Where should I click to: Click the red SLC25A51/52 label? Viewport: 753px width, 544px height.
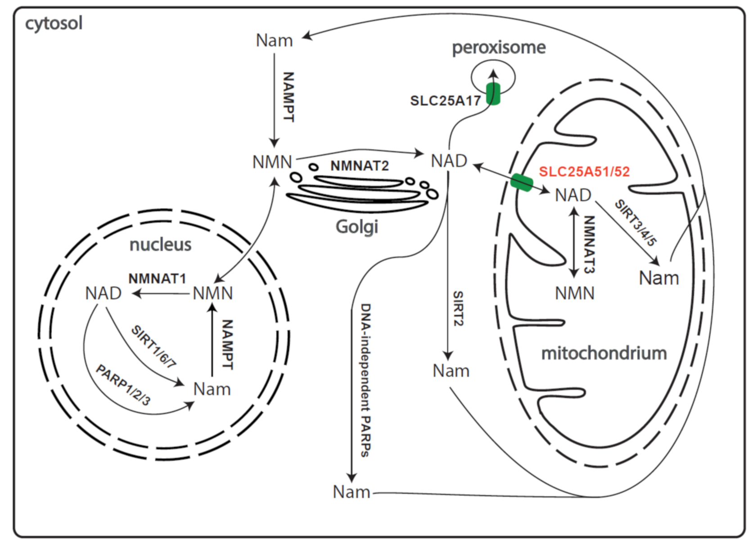584,171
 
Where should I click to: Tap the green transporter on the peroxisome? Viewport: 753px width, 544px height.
493,94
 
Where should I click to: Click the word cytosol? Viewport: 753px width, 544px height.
54,23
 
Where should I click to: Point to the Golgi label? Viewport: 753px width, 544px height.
356,226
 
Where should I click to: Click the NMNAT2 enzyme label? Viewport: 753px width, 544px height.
359,166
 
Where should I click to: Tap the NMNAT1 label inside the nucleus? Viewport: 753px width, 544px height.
157,279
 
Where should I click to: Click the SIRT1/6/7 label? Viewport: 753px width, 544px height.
153,347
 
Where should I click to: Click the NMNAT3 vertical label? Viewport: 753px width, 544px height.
589,244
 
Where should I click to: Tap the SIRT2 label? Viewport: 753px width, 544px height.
458,308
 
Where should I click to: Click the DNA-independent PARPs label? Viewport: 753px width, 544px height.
366,380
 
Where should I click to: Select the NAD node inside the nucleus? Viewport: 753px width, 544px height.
103,293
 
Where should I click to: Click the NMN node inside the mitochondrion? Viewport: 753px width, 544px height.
574,293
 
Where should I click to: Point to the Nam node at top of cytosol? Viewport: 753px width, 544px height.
274,40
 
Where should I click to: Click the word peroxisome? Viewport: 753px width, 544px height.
499,47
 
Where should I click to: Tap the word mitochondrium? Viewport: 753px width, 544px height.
604,353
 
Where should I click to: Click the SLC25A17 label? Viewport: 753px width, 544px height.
445,101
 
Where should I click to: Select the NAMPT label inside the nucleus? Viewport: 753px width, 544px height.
227,345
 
